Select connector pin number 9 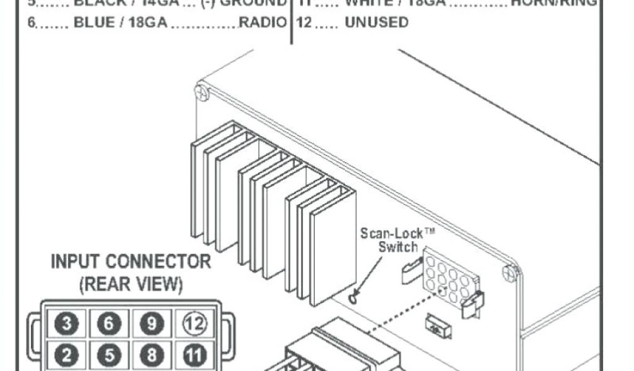[x=152, y=323]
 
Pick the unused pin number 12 [x=193, y=323]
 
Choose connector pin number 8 [x=152, y=356]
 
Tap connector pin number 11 [x=193, y=356]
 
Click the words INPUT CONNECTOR [x=131, y=262]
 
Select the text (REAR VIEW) [x=131, y=285]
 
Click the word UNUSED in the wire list [x=376, y=23]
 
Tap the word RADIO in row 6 [x=263, y=23]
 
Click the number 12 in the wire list [x=304, y=23]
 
